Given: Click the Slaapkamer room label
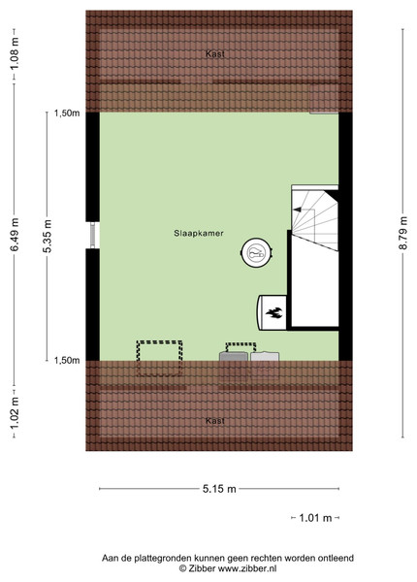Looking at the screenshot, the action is click(x=199, y=233).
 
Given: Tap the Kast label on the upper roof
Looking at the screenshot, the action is click(x=215, y=53).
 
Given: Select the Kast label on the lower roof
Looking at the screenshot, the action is click(x=215, y=421).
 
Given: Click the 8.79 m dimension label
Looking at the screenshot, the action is click(x=403, y=234).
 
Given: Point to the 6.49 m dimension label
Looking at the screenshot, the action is click(x=15, y=235).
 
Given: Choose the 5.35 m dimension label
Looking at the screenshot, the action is click(x=48, y=236).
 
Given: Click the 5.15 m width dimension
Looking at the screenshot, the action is click(x=219, y=489).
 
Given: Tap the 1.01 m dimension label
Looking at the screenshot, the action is click(x=315, y=517).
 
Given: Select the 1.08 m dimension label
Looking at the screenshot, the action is click(x=15, y=53).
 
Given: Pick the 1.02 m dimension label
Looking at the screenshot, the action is click(x=15, y=412).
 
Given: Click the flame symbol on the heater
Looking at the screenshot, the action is click(x=274, y=313).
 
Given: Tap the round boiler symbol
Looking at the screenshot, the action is click(x=256, y=253).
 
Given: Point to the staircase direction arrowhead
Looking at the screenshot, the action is click(x=297, y=210).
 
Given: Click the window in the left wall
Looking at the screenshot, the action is click(x=92, y=235).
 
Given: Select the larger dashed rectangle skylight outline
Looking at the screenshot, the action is click(x=160, y=358).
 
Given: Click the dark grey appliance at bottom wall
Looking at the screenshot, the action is click(x=234, y=356).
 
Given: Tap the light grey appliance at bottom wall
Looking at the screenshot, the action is click(x=265, y=356).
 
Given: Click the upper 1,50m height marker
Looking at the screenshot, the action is click(x=67, y=113).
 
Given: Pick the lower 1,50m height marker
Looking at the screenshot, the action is click(x=67, y=360).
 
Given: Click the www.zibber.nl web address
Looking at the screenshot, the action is click(x=247, y=568).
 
